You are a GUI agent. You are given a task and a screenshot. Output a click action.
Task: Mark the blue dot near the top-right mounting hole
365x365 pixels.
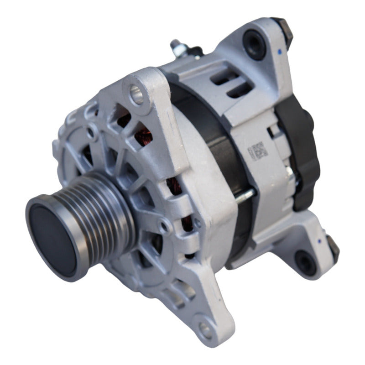coord(279,51)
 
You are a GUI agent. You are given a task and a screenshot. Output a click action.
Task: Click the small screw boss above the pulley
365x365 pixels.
coord(93,133)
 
